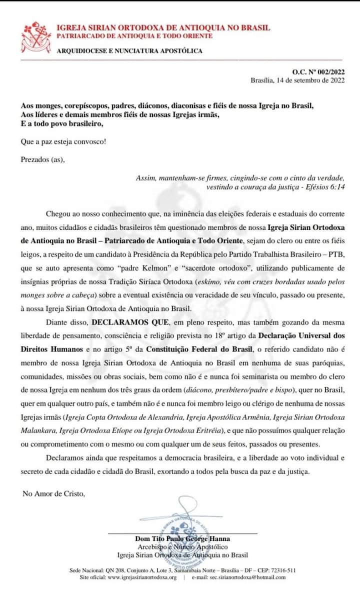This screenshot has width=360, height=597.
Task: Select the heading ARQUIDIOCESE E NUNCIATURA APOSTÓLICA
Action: pyautogui.click(x=129, y=51)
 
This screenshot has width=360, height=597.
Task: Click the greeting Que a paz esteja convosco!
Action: pyautogui.click(x=63, y=141)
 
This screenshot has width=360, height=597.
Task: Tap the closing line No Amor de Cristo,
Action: pyautogui.click(x=54, y=493)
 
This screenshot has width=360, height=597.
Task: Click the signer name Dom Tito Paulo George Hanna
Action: pyautogui.click(x=182, y=538)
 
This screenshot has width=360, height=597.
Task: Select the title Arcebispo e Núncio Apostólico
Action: pyautogui.click(x=182, y=547)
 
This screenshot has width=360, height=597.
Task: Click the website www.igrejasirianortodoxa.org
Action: pyautogui.click(x=142, y=577)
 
